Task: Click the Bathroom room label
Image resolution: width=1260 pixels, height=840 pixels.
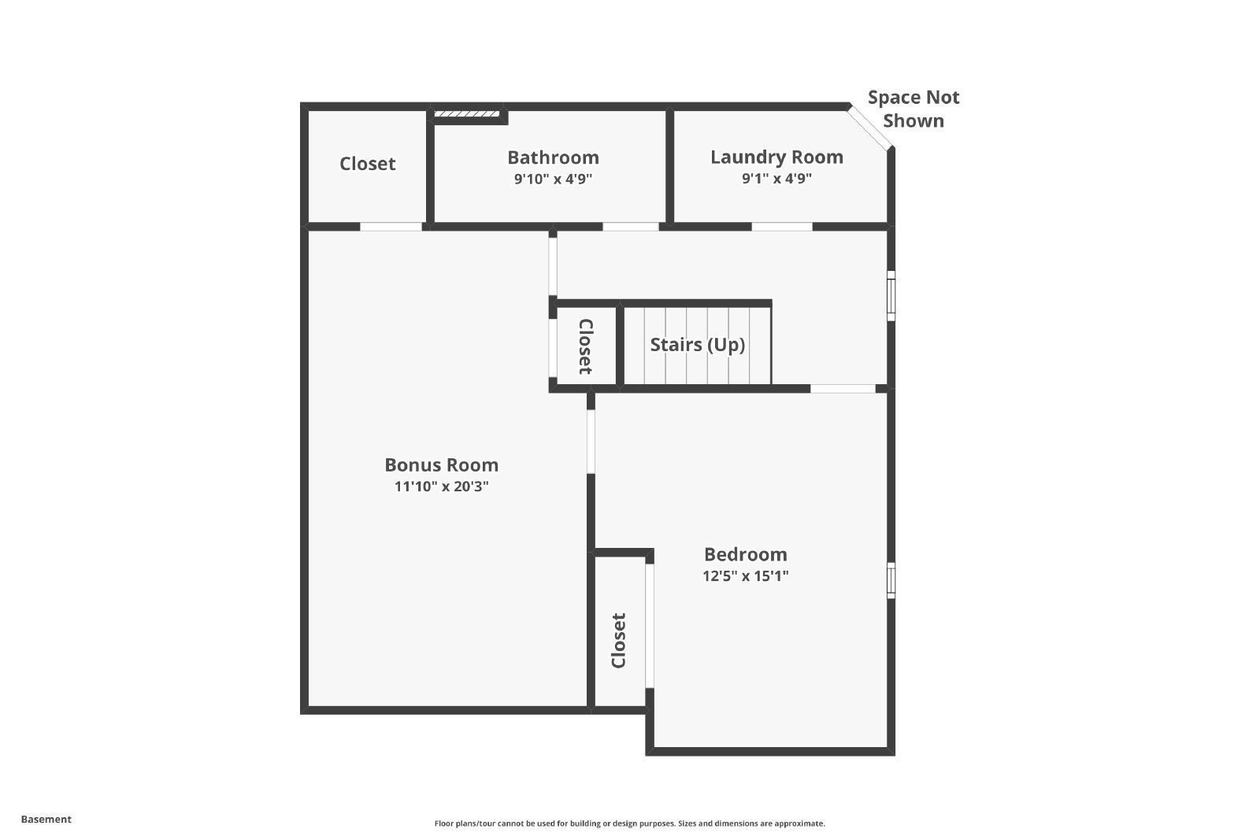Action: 553,157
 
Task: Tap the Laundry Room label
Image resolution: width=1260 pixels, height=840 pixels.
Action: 776,157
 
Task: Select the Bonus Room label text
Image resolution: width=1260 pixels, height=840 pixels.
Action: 441,464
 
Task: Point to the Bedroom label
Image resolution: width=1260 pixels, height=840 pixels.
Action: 745,554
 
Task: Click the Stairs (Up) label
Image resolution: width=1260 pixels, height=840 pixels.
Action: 697,345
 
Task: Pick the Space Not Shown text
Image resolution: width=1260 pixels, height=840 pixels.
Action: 913,109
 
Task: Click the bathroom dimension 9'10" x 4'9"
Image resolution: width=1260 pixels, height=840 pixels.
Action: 553,179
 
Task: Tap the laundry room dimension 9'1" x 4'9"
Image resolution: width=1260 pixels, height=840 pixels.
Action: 776,178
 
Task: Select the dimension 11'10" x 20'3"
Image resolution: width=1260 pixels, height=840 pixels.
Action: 441,487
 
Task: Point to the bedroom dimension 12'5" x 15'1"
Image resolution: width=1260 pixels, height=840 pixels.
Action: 745,575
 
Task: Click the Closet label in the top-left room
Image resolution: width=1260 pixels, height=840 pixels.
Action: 367,164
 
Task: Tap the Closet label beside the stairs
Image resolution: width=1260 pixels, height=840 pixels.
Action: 586,346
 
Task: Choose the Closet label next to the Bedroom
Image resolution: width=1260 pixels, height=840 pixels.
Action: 619,641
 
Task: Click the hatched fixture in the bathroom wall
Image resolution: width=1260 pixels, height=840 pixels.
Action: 467,114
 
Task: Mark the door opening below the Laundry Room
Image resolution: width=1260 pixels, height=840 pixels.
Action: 781,227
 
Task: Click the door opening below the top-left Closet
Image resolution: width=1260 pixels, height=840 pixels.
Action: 391,227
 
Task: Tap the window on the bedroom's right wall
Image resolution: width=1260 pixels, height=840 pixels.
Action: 891,580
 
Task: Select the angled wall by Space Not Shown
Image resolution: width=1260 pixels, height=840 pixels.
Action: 869,128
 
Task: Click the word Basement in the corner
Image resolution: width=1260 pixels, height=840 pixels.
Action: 46,820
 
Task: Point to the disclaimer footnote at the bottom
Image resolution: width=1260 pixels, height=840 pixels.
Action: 629,823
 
